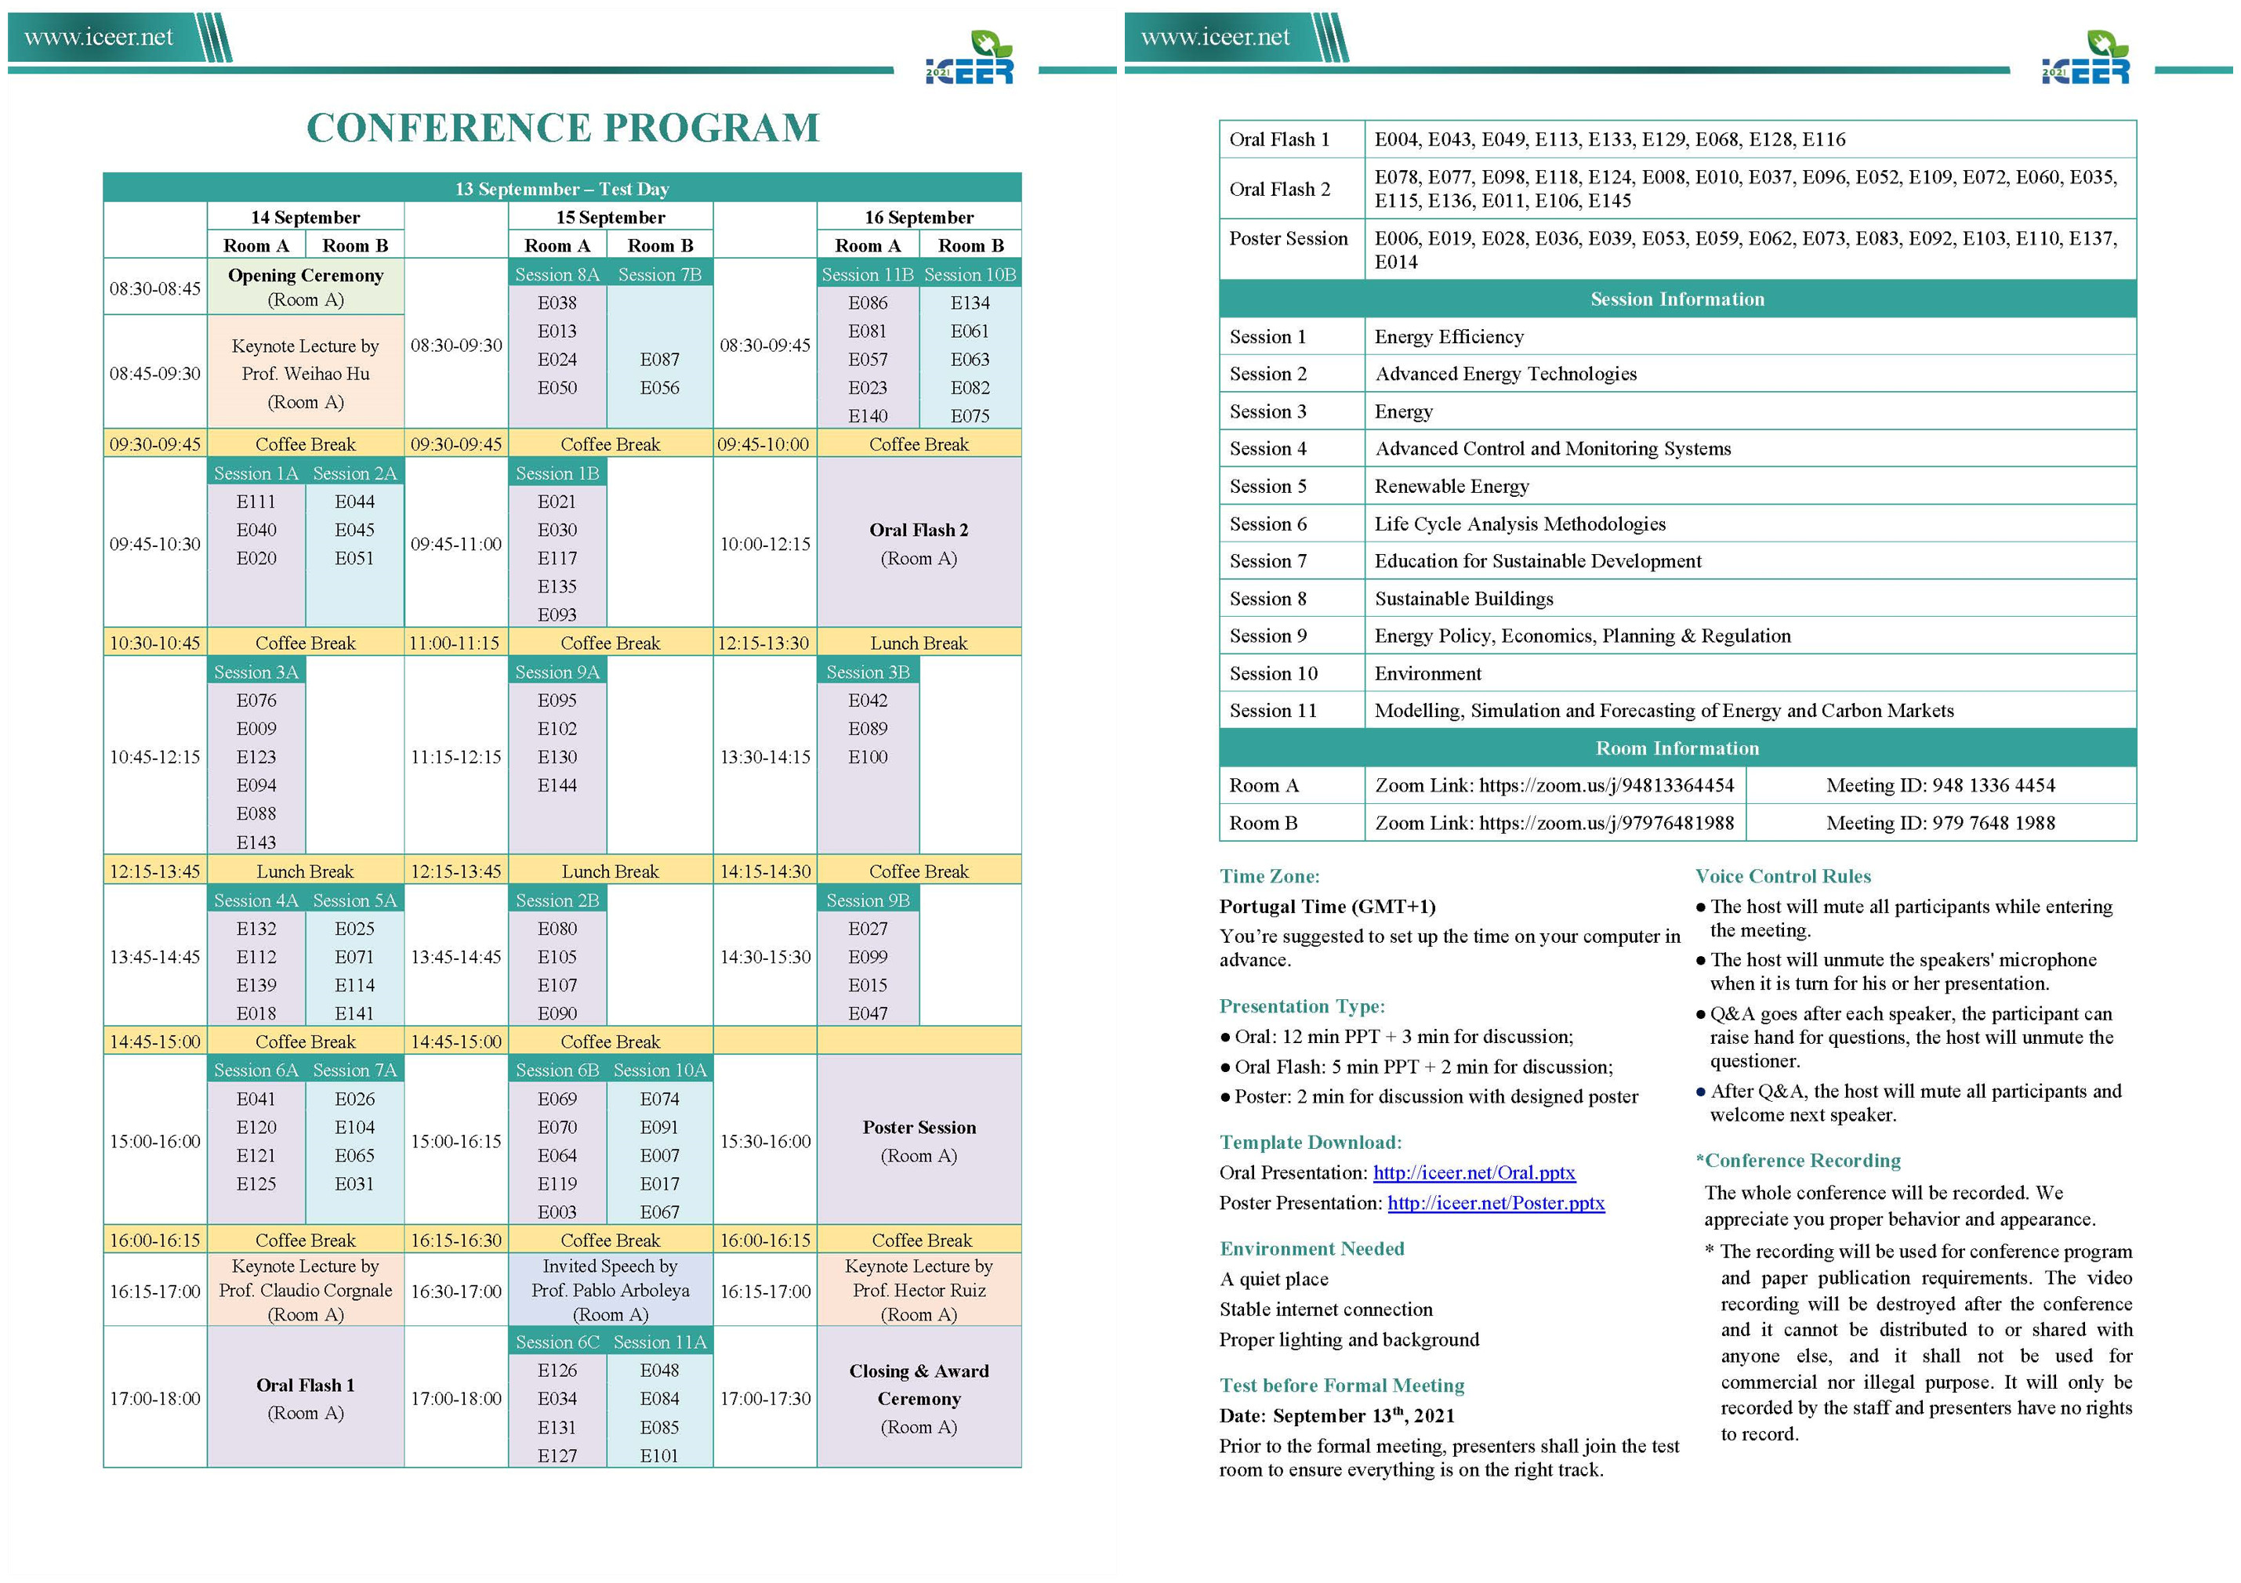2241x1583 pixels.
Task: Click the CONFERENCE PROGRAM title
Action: pyautogui.click(x=563, y=128)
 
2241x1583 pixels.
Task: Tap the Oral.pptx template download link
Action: pyautogui.click(x=1474, y=1172)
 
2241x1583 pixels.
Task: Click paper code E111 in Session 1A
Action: pyautogui.click(x=256, y=502)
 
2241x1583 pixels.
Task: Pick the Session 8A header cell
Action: pyautogui.click(x=557, y=275)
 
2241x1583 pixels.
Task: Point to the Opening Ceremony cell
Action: pyautogui.click(x=306, y=287)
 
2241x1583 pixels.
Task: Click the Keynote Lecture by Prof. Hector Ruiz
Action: pyautogui.click(x=919, y=1289)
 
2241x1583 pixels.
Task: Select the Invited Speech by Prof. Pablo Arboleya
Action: pyautogui.click(x=610, y=1289)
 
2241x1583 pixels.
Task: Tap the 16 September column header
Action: pyautogui.click(x=919, y=216)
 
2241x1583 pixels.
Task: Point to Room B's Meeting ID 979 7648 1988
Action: pyautogui.click(x=1939, y=823)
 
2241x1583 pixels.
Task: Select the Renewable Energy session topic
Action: pyautogui.click(x=1452, y=486)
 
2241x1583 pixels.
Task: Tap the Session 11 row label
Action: pyautogui.click(x=1273, y=711)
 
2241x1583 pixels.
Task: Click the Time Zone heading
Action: pyautogui.click(x=1269, y=875)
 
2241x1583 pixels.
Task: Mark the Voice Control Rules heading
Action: pyautogui.click(x=1782, y=875)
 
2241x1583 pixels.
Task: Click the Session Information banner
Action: pyautogui.click(x=1677, y=299)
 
